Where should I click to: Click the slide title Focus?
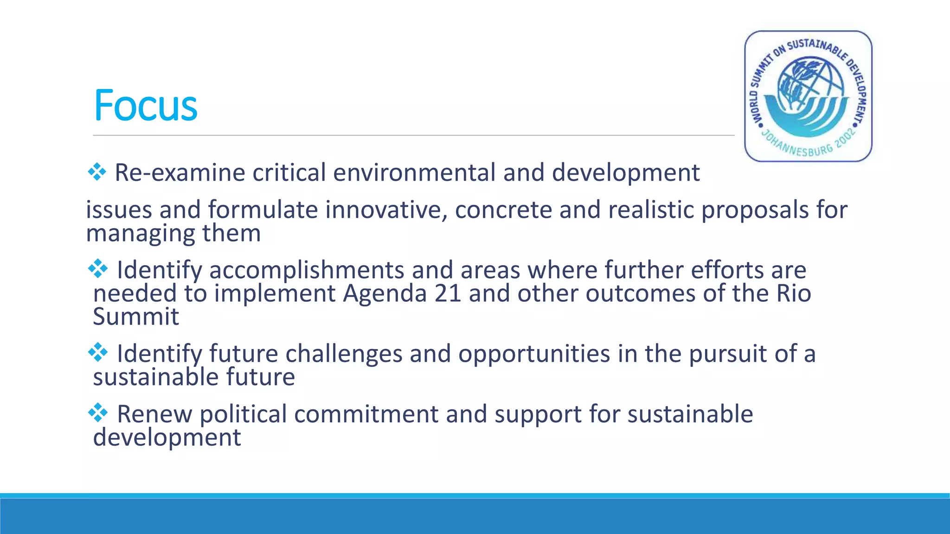[145, 106]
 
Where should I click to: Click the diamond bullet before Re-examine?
[97, 172]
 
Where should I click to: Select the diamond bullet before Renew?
[98, 413]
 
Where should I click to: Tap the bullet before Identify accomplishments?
[98, 269]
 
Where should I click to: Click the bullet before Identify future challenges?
[98, 353]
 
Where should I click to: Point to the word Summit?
[136, 317]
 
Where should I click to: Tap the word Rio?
[794, 293]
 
